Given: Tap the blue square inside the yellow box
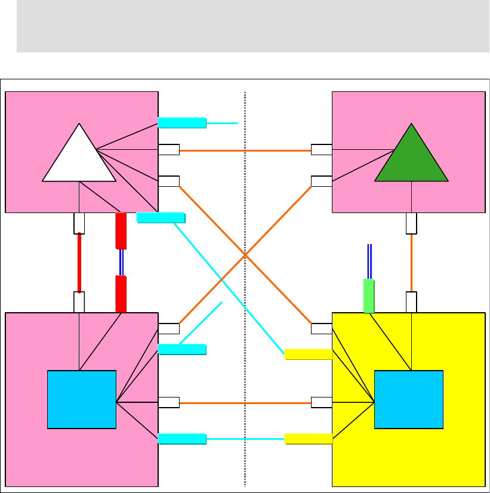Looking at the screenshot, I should point(409,399).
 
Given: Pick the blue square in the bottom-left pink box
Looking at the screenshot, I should point(82,399).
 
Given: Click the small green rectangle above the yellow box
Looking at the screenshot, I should point(369,296).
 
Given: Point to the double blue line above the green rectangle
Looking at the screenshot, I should point(370,261).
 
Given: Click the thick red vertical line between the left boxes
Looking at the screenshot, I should point(79,263).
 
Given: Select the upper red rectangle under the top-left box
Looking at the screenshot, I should point(121,230).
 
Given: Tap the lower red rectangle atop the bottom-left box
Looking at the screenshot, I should point(121,294).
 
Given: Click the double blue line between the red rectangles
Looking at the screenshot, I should point(121,262).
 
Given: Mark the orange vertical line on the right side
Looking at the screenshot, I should point(411,263).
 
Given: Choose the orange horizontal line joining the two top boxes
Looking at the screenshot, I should point(245,150).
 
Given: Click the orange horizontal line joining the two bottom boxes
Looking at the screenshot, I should point(245,403).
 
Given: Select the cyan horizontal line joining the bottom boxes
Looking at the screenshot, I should point(245,439).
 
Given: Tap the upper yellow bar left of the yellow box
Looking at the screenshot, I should point(308,354).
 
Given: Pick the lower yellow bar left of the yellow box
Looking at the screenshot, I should point(308,439).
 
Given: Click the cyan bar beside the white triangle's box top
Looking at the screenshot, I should point(182,123).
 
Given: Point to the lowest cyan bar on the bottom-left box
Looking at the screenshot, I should point(182,439).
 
